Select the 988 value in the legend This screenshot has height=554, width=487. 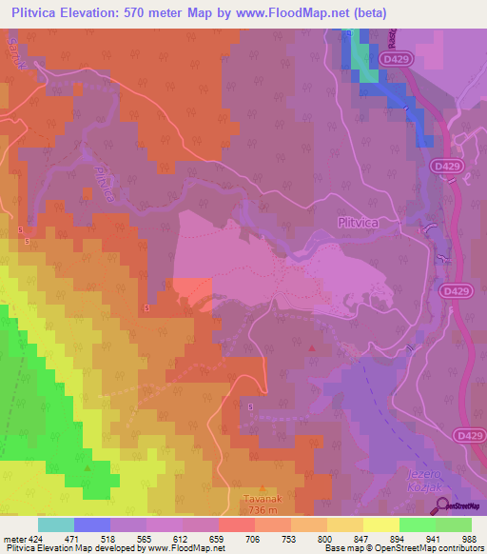click(466, 539)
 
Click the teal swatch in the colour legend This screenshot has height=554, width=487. click(56, 524)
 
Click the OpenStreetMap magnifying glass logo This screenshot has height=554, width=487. click(438, 505)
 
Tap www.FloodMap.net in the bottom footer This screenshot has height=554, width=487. click(181, 548)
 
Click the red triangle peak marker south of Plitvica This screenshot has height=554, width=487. click(312, 348)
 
